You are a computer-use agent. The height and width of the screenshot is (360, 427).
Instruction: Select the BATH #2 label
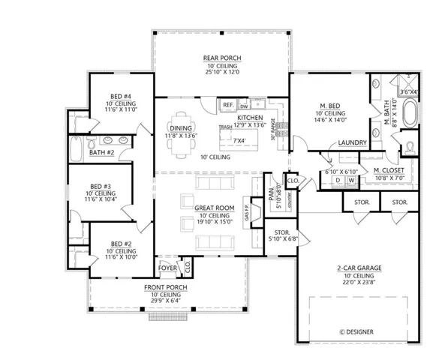(x=101, y=153)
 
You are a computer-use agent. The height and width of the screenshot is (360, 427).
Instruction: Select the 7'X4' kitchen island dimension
(x=240, y=140)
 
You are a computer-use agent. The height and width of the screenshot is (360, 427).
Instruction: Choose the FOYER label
(x=166, y=267)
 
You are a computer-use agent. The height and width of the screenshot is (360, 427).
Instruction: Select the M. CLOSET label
(x=390, y=170)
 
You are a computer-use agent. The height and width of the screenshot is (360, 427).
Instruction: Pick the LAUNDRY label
(x=351, y=142)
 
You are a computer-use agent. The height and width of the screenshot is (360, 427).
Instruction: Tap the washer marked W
(x=350, y=181)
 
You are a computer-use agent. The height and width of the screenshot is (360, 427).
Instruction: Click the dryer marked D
(x=338, y=181)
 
